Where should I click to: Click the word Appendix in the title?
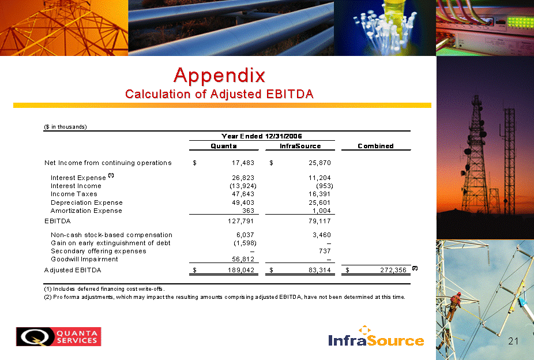(219, 76)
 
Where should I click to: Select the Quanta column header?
(223, 146)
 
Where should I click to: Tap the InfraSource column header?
(300, 146)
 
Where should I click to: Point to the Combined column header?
(375, 146)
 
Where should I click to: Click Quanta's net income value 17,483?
(243, 163)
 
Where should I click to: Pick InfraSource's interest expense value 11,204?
(319, 178)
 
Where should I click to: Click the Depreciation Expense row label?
(87, 202)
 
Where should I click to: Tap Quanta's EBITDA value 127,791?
(241, 221)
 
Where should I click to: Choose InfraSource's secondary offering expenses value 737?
(325, 251)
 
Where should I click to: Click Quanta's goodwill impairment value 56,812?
(243, 259)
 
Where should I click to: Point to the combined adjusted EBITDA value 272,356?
(393, 270)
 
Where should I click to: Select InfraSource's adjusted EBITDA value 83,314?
(319, 270)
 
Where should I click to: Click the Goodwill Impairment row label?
(84, 259)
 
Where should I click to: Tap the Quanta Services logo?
(59, 336)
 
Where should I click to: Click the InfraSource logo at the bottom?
(376, 336)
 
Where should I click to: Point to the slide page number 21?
(513, 341)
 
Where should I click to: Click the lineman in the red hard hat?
(454, 306)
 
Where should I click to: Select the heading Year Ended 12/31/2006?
(262, 136)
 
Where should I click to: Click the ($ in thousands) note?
(65, 127)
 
